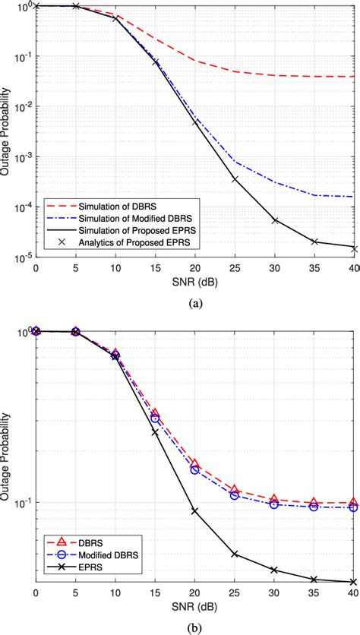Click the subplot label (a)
point(194,300)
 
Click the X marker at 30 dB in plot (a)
point(273,220)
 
